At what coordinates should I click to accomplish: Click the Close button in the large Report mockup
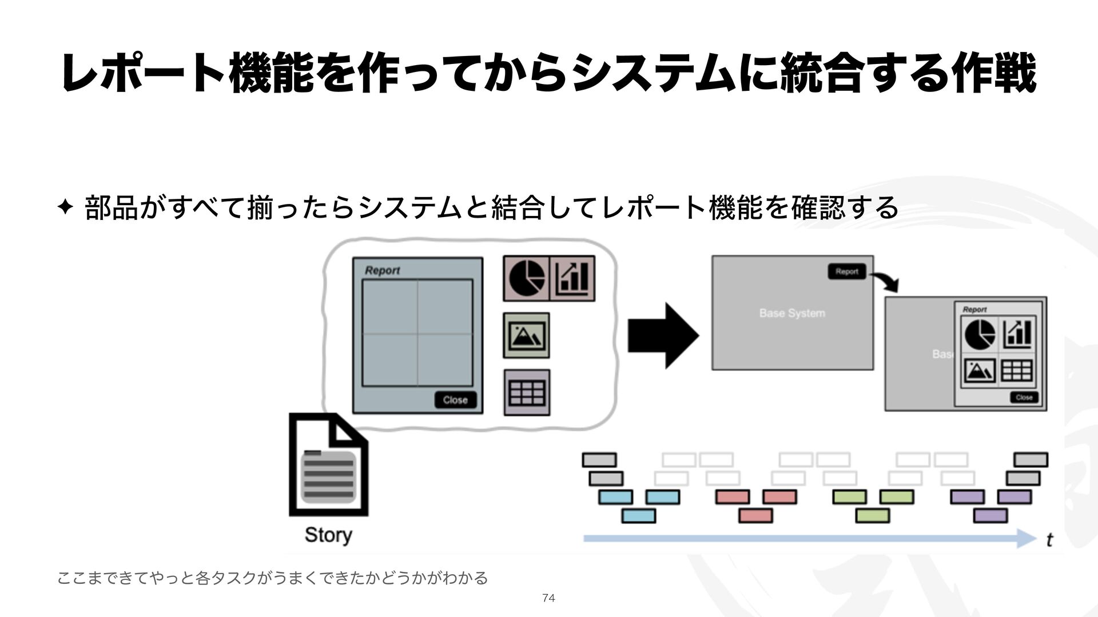point(455,400)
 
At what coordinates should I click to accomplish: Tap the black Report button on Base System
point(847,272)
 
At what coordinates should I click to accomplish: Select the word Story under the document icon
point(328,535)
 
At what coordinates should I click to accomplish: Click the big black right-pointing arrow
point(663,335)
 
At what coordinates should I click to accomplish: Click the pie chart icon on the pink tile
point(527,278)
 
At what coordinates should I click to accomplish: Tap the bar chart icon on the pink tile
point(572,278)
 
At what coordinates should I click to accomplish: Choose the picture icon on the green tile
point(526,335)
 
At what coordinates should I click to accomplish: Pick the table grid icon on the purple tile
point(527,392)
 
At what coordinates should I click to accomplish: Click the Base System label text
point(792,313)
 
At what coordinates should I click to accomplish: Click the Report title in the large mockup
point(382,270)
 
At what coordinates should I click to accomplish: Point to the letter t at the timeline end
point(1049,540)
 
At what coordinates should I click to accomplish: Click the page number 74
point(548,598)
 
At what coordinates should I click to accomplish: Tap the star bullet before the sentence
point(65,207)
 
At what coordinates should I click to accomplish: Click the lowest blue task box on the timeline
point(638,516)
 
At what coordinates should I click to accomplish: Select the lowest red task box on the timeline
point(755,516)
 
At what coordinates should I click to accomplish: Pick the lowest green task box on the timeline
point(873,516)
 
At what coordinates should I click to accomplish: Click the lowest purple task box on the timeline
point(990,516)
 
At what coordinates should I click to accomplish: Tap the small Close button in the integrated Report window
point(1024,397)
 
